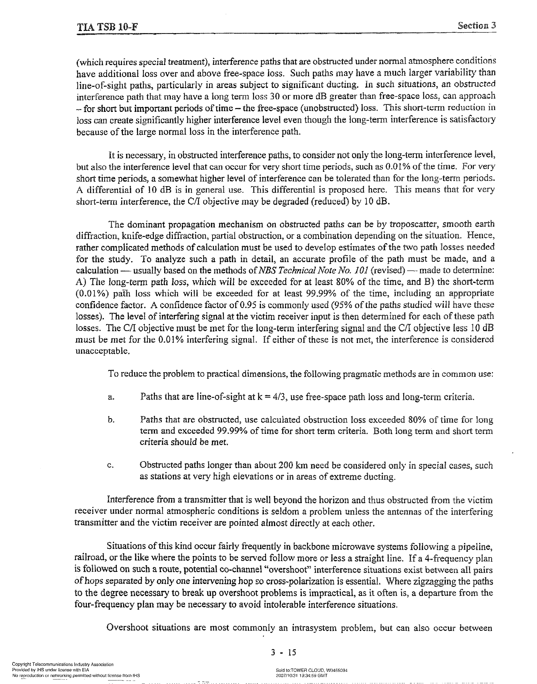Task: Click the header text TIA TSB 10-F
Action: click(107, 27)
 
